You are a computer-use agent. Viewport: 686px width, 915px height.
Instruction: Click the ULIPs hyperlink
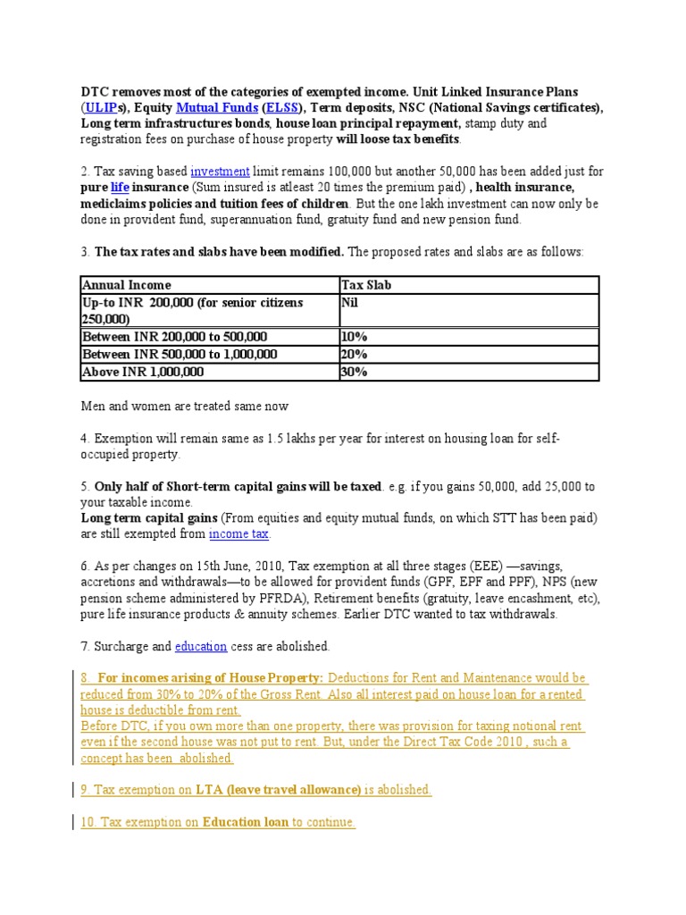pyautogui.click(x=101, y=108)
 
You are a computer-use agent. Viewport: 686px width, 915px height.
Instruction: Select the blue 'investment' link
pyautogui.click(x=220, y=171)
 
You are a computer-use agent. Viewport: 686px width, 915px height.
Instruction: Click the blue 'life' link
pyautogui.click(x=120, y=187)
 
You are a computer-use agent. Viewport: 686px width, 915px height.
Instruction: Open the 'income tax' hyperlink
pyautogui.click(x=238, y=533)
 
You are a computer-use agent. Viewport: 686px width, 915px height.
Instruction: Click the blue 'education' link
pyautogui.click(x=200, y=646)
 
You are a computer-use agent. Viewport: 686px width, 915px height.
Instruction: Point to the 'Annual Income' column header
pyautogui.click(x=126, y=285)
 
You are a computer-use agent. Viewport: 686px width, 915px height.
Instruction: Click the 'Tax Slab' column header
pyautogui.click(x=366, y=285)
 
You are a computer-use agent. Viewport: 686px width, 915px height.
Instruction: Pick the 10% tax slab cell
pyautogui.click(x=355, y=337)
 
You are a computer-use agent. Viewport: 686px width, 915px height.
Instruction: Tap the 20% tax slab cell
pyautogui.click(x=355, y=354)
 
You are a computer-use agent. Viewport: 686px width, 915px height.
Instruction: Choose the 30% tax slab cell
pyautogui.click(x=355, y=372)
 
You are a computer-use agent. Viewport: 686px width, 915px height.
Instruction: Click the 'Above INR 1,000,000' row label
pyautogui.click(x=143, y=372)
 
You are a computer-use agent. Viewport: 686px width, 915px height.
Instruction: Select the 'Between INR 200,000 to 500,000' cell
pyautogui.click(x=174, y=337)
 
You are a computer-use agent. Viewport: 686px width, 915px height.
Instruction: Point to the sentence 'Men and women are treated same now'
pyautogui.click(x=184, y=407)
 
